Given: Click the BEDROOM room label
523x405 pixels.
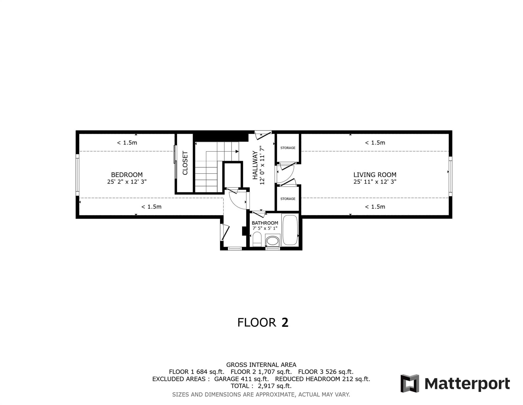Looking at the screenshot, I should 127,175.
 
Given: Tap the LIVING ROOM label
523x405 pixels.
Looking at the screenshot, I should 375,175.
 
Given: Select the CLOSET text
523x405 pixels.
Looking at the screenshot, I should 185,163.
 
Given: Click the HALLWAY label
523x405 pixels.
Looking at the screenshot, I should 255,165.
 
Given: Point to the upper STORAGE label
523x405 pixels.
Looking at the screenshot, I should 288,148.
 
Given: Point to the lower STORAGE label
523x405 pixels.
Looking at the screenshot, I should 288,199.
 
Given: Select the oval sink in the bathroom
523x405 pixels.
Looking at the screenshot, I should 272,241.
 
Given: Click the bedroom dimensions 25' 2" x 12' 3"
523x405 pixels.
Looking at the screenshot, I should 127,182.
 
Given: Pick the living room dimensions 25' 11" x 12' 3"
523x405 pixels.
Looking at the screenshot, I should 375,182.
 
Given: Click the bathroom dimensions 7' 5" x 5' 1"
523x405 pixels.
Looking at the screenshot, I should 265,228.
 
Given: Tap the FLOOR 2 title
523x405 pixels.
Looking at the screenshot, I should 263,322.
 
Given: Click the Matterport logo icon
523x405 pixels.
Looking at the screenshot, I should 410,383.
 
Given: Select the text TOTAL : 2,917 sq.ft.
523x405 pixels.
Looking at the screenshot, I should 261,386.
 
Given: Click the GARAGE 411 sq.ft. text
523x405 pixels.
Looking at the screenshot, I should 241,379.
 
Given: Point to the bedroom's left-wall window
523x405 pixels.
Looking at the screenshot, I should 77,175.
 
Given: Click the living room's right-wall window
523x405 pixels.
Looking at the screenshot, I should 450,176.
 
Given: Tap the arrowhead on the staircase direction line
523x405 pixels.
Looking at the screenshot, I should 237,151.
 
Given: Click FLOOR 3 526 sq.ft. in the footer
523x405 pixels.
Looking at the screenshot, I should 326,372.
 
